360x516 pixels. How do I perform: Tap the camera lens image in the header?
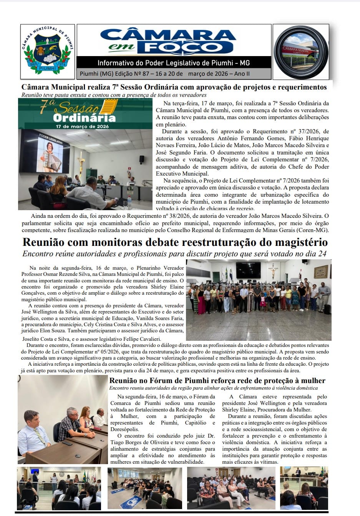pyautogui.click(x=300, y=52)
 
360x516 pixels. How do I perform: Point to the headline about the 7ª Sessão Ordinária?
pyautogui.click(x=174, y=87)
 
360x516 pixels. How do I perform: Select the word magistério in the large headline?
pyautogui.click(x=295, y=242)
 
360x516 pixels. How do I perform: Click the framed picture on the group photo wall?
pyautogui.click(x=320, y=272)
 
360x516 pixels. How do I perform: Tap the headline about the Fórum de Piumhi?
pyautogui.click(x=217, y=381)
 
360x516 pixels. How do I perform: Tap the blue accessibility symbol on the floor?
pyautogui.click(x=129, y=501)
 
